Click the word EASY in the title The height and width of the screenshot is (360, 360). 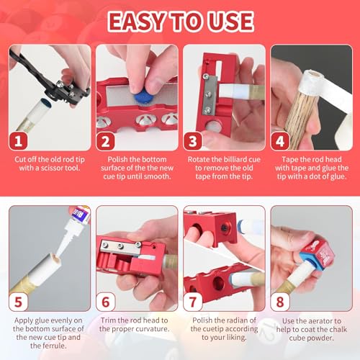click(x=136, y=22)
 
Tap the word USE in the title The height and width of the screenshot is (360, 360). click(x=230, y=22)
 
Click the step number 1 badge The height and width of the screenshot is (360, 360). click(x=18, y=141)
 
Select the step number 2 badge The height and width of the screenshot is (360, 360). click(x=105, y=141)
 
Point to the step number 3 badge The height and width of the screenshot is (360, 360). click(x=193, y=141)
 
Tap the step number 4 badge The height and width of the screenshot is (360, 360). click(x=280, y=141)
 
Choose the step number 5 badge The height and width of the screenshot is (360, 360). click(x=18, y=302)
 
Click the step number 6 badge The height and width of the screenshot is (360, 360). click(x=105, y=302)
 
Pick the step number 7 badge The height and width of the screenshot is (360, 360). click(x=193, y=302)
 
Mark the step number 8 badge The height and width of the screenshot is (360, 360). click(x=280, y=302)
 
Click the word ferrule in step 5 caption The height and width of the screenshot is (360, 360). click(x=55, y=346)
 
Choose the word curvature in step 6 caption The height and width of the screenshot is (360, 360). click(x=153, y=328)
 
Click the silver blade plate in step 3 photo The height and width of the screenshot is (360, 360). click(x=210, y=95)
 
